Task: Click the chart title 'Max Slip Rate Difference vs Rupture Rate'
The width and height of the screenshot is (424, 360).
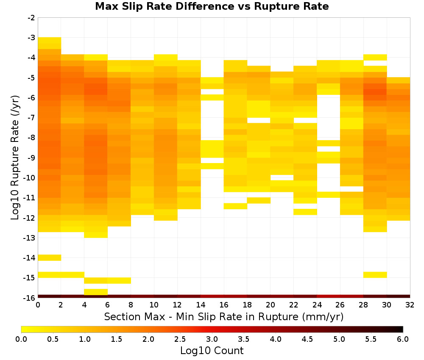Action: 212,6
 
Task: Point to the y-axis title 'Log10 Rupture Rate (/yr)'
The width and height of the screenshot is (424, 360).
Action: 15,158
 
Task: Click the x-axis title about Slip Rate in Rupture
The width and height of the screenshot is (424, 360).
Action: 223,316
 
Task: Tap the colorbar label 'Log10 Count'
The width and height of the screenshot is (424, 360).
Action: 212,351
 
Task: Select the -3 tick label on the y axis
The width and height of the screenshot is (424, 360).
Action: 31,38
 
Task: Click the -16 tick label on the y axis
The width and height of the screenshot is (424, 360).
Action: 30,298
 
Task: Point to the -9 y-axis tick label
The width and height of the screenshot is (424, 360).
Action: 31,158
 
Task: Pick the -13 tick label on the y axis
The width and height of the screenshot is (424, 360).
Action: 30,238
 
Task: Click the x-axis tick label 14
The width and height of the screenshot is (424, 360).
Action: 201,305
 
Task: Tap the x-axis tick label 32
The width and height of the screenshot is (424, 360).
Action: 410,305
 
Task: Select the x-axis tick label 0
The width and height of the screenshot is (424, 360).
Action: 38,305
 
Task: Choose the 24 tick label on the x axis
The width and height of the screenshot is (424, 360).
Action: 317,305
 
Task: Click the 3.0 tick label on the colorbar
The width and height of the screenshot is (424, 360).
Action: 212,339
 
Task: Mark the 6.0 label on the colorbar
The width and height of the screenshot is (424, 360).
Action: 403,339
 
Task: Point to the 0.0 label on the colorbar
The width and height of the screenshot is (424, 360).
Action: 21,339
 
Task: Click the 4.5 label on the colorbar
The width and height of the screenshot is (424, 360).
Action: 307,339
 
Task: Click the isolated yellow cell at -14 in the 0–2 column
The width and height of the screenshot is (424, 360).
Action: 50,258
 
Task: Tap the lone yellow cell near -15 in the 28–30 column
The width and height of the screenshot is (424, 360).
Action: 375,274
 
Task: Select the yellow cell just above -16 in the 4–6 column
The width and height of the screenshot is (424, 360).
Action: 96,292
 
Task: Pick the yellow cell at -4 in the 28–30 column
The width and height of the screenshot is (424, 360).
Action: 375,57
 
